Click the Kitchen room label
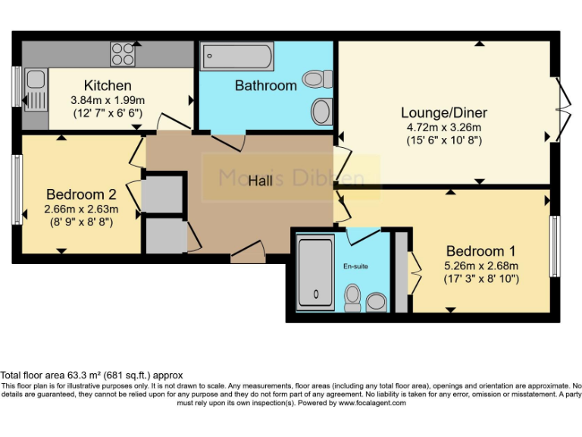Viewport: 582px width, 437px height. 108,85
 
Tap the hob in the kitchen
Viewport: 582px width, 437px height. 122,52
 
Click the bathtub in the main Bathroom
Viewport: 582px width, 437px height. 236,56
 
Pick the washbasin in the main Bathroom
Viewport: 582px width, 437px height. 321,111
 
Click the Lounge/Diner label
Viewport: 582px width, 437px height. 444,113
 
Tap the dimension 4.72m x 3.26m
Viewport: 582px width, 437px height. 444,127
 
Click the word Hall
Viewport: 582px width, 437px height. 261,181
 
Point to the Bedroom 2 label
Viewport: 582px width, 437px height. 81,193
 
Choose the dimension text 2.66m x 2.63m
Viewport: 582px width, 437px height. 81,208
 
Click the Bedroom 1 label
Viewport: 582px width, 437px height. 480,251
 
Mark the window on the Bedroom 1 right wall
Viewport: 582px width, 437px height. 555,247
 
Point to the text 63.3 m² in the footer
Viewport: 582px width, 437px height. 81,376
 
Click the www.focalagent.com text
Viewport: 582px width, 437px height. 372,403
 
